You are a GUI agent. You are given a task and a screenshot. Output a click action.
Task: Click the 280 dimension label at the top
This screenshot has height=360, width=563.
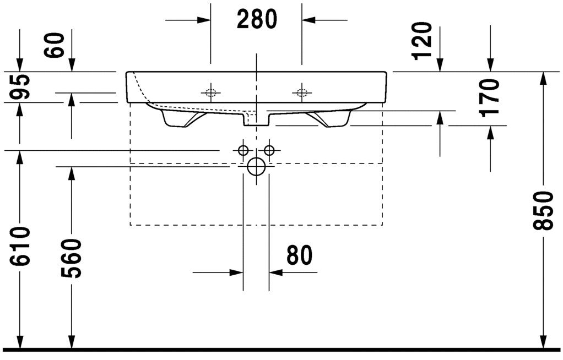[257, 20]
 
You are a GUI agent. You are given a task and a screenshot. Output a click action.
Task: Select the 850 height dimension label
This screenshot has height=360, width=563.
[544, 210]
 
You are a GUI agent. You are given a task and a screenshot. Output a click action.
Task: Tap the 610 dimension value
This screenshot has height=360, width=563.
[20, 246]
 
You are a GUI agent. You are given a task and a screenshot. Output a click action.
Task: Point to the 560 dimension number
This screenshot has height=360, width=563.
[72, 258]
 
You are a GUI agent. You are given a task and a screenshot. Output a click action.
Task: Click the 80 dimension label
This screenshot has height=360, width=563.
[299, 255]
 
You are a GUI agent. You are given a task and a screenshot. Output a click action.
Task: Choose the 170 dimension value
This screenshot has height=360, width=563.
[489, 97]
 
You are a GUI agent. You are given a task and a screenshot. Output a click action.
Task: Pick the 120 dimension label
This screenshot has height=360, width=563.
[423, 41]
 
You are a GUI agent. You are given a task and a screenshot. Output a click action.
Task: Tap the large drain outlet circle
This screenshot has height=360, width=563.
[256, 166]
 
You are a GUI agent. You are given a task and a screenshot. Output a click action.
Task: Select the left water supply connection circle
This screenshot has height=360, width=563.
[243, 150]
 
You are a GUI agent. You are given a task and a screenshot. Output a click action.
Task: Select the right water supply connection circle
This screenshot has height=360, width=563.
[269, 150]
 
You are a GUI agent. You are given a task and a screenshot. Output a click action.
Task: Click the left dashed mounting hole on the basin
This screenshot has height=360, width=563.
[210, 92]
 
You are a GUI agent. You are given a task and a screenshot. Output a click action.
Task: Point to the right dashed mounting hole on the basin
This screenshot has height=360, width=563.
[301, 92]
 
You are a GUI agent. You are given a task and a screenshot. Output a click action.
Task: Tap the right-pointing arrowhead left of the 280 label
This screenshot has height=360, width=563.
[203, 20]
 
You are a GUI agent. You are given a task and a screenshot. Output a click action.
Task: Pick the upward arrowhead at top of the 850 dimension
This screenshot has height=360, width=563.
[544, 79]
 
